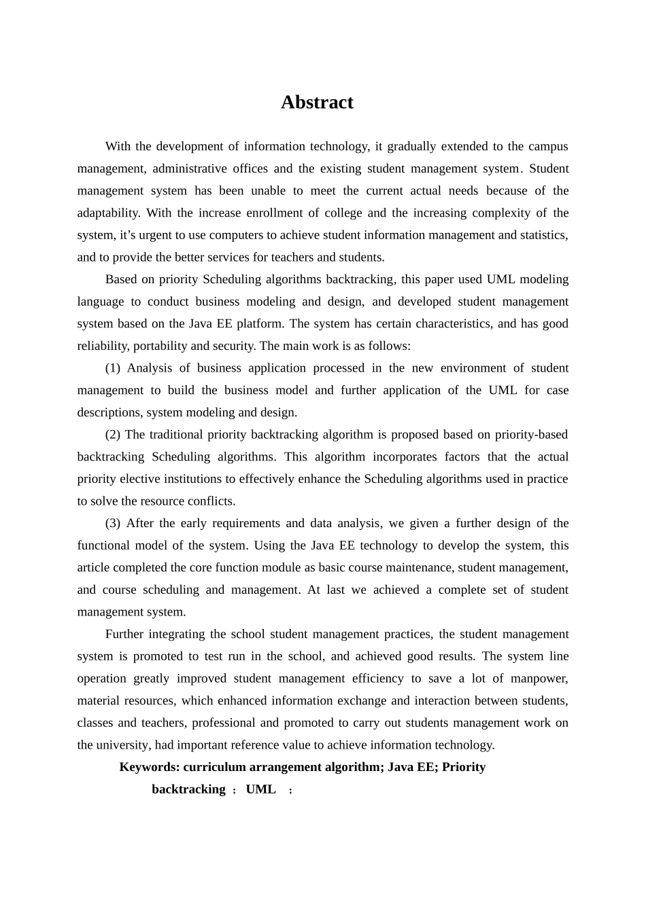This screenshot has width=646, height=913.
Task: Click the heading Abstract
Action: pyautogui.click(x=317, y=103)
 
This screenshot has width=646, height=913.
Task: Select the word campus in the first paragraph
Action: pyautogui.click(x=548, y=147)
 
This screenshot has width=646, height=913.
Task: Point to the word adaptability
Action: pyautogui.click(x=108, y=213)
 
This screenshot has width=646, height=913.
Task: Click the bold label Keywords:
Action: pyautogui.click(x=149, y=768)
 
